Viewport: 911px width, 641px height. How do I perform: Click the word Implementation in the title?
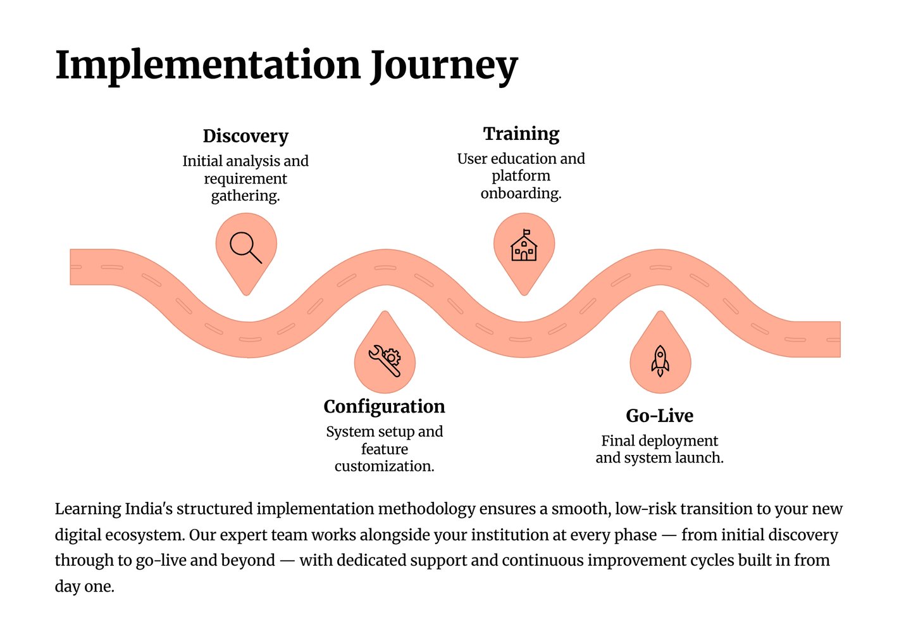tap(208, 65)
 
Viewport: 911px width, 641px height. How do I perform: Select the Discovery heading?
tap(245, 136)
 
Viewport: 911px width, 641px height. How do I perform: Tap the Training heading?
tap(521, 134)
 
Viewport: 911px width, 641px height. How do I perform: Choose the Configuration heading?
tap(384, 406)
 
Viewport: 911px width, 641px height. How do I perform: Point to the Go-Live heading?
tap(659, 416)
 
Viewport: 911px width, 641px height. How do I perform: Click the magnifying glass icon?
tap(245, 247)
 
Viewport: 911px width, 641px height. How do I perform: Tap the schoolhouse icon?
tap(524, 247)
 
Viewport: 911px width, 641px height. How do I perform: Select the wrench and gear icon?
tap(385, 361)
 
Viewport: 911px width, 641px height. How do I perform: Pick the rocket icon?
tap(660, 361)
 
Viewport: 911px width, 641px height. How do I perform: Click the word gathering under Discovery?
tap(245, 196)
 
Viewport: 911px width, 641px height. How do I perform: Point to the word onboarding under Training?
tap(520, 193)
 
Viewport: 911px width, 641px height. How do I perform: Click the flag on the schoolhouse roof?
tap(527, 232)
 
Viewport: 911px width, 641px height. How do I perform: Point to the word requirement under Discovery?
tap(245, 179)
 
